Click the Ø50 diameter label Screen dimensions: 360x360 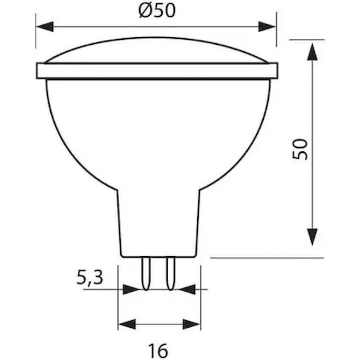(157, 10)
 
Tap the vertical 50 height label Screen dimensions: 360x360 (299, 149)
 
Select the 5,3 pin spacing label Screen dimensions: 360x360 (90, 278)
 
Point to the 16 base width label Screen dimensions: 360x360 (158, 351)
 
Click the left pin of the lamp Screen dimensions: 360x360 (146, 273)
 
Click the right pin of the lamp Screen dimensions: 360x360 (170, 273)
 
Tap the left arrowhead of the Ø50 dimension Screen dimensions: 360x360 (45, 27)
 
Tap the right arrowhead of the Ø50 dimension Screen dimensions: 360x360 (267, 27)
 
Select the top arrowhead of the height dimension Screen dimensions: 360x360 (312, 52)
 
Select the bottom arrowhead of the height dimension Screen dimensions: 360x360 (312, 237)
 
